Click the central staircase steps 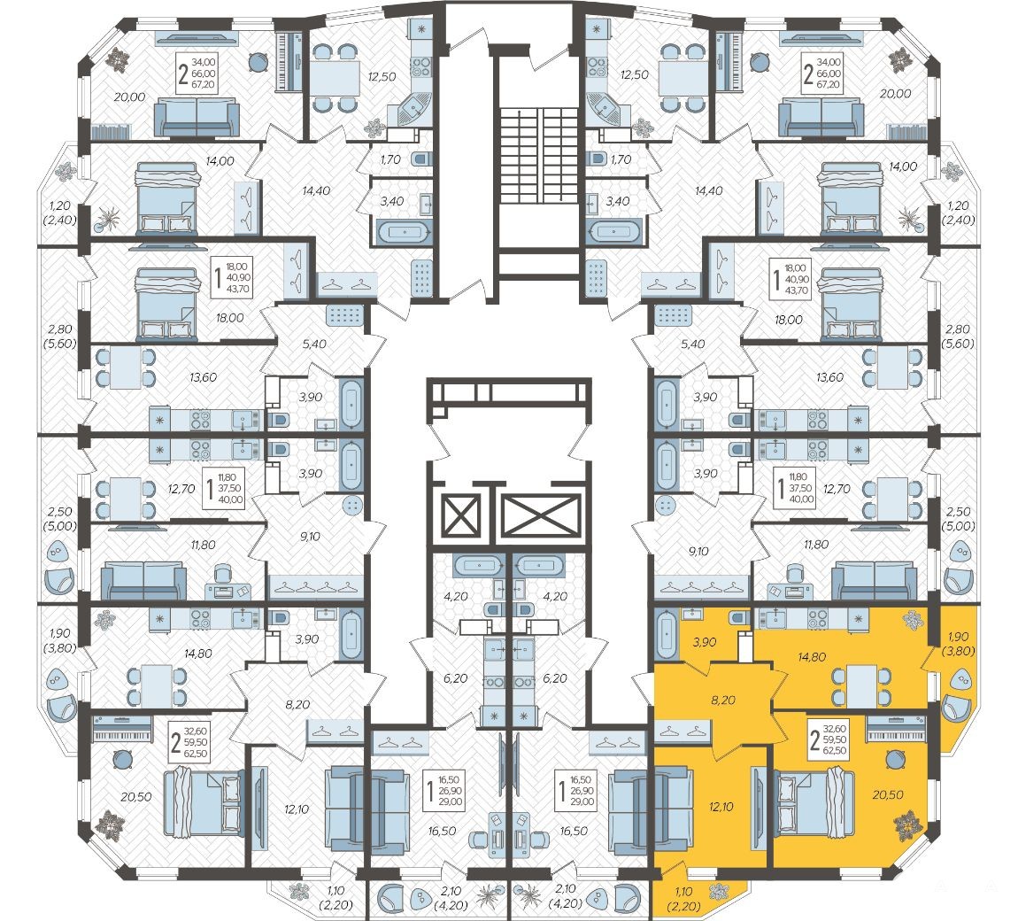pyautogui.click(x=538, y=156)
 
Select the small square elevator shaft pyautogui.click(x=460, y=516)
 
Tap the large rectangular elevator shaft pyautogui.click(x=541, y=516)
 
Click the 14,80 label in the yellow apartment pyautogui.click(x=812, y=656)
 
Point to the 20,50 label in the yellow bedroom pyautogui.click(x=888, y=793)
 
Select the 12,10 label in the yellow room pyautogui.click(x=721, y=807)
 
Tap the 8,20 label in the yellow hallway pyautogui.click(x=722, y=700)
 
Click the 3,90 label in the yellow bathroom pyautogui.click(x=705, y=642)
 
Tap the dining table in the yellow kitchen pyautogui.click(x=857, y=687)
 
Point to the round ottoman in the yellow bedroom pyautogui.click(x=896, y=759)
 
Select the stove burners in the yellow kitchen pyautogui.click(x=817, y=619)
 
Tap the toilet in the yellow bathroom pyautogui.click(x=740, y=617)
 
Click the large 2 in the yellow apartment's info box pyautogui.click(x=815, y=739)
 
